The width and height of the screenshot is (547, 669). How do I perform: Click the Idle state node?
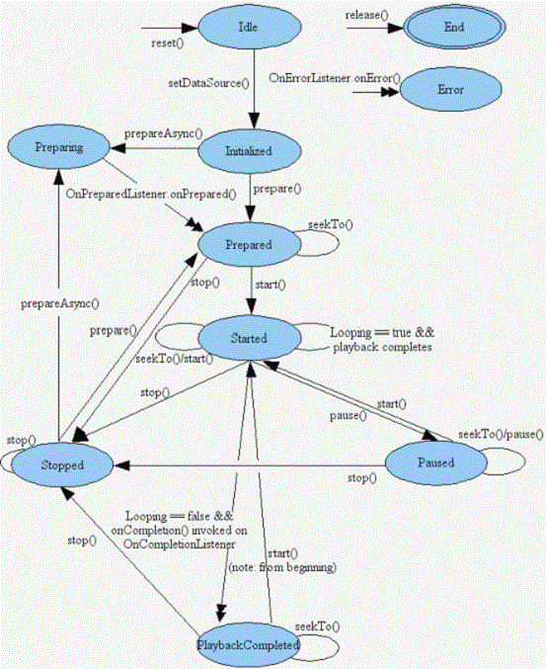pos(248,29)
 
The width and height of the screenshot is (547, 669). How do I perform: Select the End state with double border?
pos(454,29)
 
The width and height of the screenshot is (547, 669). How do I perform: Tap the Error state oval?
pos(449,89)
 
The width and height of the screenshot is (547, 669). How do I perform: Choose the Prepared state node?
pos(248,242)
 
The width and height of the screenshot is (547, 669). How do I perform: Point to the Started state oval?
pos(248,337)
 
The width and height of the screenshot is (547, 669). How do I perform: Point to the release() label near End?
pos(364,15)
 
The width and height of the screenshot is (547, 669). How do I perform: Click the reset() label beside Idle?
pos(167,45)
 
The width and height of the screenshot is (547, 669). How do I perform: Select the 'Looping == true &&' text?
pos(380,334)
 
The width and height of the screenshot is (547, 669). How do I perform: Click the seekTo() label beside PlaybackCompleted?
pos(317,626)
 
